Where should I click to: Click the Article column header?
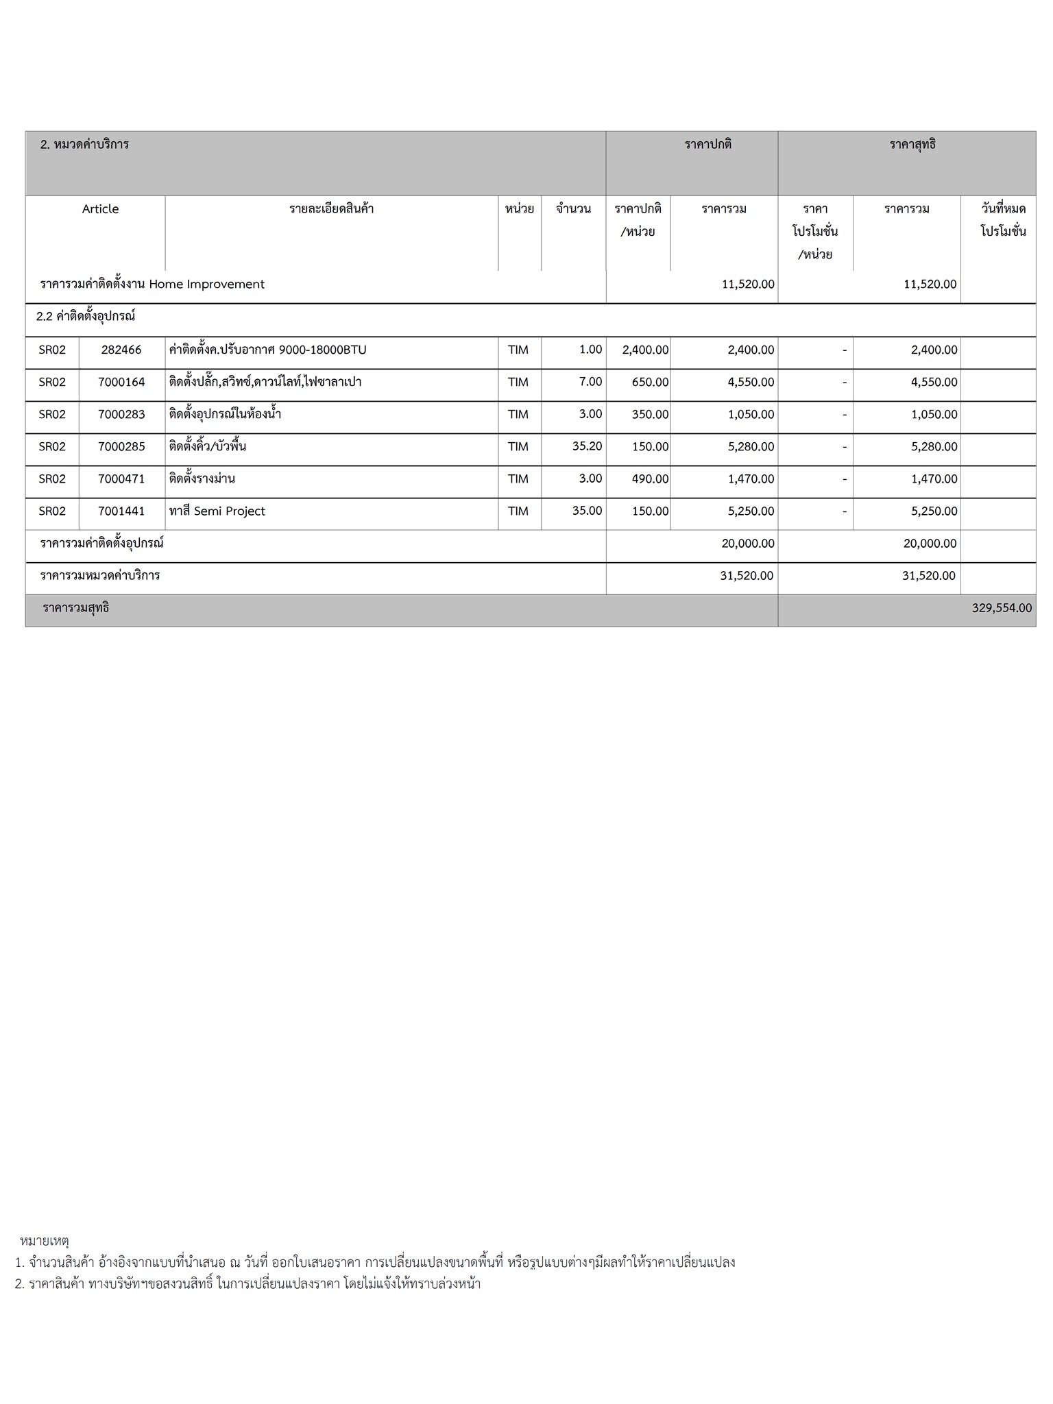100,209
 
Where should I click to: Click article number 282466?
121,350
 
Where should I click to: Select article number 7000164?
121,382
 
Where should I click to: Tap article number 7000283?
121,414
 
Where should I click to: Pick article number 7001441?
121,511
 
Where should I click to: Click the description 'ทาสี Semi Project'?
217,511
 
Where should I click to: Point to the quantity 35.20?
587,446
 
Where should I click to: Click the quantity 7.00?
590,382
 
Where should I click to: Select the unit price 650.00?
650,382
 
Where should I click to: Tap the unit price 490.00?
650,479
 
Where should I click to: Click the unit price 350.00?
650,414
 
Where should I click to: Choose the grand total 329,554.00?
1002,608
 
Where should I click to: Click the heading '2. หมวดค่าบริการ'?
85,145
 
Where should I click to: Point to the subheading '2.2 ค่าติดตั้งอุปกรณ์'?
86,317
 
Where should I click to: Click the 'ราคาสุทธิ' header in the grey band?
912,145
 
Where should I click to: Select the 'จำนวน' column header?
573,209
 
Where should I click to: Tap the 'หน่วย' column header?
519,209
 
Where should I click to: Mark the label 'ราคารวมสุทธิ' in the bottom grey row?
76,608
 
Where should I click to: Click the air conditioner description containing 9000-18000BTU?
268,350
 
